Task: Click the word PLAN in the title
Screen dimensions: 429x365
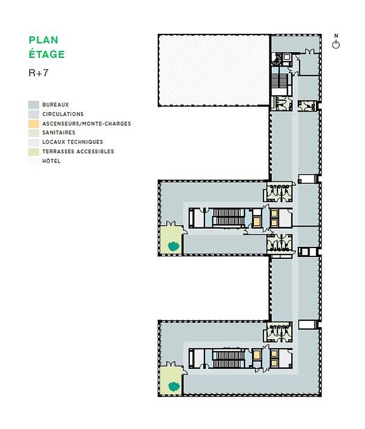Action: coord(43,40)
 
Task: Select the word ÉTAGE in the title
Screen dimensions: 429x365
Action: coord(47,55)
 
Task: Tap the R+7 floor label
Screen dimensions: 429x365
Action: coord(38,73)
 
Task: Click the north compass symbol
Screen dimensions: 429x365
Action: coord(336,45)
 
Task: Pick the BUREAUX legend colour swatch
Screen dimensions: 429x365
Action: coord(33,105)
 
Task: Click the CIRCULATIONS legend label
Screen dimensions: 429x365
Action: coord(63,114)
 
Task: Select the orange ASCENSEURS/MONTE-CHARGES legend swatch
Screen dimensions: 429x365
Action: coord(33,124)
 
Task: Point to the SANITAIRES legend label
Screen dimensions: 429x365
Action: coord(59,133)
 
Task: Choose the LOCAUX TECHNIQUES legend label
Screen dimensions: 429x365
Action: coord(72,142)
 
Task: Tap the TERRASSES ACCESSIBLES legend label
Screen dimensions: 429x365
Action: coord(78,151)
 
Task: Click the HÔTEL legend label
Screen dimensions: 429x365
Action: coord(51,161)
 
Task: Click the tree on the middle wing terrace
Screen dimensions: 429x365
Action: coord(173,246)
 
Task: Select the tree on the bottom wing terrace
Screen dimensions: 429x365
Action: coord(173,386)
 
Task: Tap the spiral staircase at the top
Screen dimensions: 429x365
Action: coord(277,60)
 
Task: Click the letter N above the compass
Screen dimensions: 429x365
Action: coord(336,36)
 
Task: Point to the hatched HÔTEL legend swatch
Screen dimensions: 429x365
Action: coord(33,161)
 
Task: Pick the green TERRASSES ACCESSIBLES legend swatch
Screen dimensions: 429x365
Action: coord(33,151)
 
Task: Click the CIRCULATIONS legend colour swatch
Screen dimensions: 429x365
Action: coord(33,114)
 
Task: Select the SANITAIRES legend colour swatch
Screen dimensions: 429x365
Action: coord(33,133)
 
